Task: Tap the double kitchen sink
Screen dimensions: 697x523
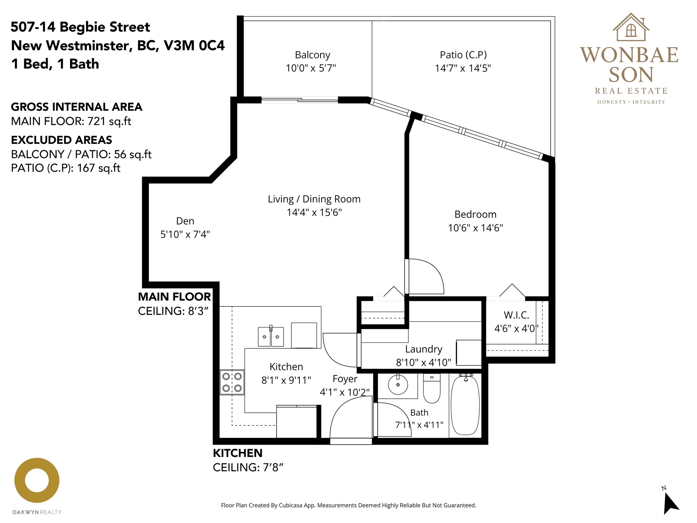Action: click(x=271, y=337)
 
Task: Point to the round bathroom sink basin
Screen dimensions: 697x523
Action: click(x=398, y=385)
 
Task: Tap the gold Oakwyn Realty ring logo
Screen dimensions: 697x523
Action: click(x=37, y=480)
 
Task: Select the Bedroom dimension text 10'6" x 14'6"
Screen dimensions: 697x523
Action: click(x=476, y=228)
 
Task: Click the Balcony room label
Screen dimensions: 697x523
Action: click(x=312, y=55)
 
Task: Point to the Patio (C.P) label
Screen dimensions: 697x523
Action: click(x=463, y=55)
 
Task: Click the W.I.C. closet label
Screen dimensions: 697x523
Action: click(x=516, y=315)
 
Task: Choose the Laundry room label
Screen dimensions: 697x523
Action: click(x=424, y=349)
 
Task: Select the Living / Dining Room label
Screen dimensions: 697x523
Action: click(x=314, y=199)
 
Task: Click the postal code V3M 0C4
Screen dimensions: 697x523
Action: click(x=194, y=45)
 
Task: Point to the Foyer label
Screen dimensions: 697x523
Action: click(x=345, y=379)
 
